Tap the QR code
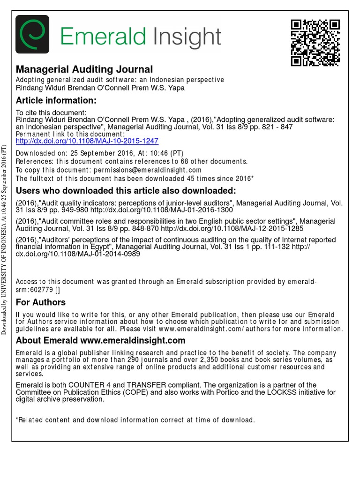(x=315, y=43)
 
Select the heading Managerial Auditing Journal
(x=84, y=69)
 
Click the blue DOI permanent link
(x=87, y=141)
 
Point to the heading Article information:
(x=56, y=100)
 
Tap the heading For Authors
(x=41, y=302)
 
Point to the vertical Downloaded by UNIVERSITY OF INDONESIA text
(x=5, y=239)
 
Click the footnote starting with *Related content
(x=135, y=420)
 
